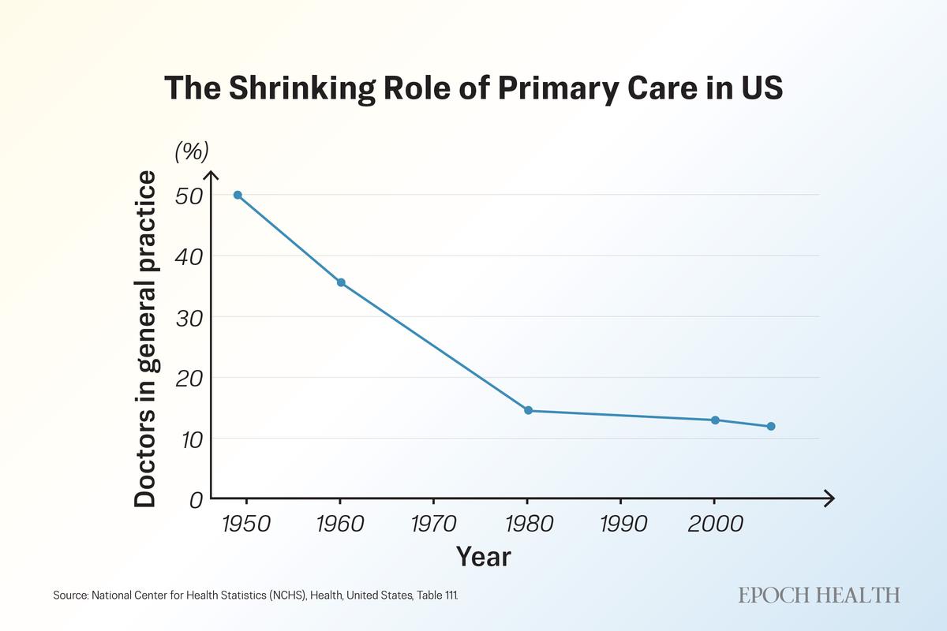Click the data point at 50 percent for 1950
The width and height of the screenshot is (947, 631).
pos(238,195)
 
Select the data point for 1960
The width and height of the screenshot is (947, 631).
pos(341,282)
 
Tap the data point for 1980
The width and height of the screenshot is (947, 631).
pos(528,410)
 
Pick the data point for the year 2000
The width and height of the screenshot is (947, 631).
pos(715,420)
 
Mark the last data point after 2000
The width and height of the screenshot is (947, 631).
pos(771,426)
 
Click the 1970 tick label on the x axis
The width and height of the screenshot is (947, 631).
pos(433,525)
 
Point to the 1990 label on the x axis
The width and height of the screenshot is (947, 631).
pos(621,525)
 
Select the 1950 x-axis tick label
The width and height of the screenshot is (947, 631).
pos(246,525)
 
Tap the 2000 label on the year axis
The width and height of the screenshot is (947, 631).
pos(714,525)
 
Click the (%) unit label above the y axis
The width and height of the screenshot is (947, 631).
pos(191,151)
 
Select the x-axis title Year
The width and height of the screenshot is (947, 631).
pos(484,557)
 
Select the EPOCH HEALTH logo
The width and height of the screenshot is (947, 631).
pos(819,595)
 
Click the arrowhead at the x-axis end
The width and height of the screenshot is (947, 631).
pos(829,498)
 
